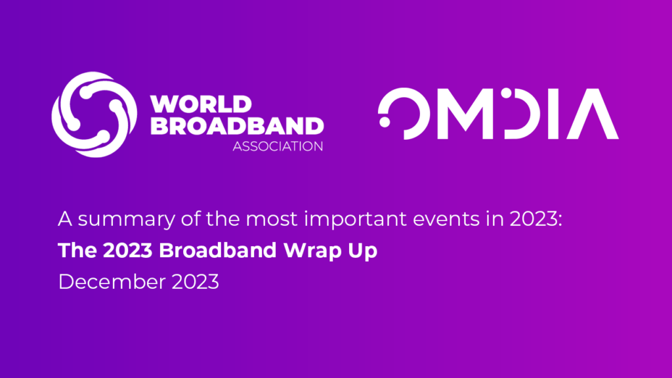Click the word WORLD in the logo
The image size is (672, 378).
[201, 104]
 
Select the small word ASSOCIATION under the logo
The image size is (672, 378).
[278, 146]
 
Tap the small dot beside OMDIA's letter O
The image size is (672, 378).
[384, 121]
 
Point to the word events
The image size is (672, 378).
[420, 219]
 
